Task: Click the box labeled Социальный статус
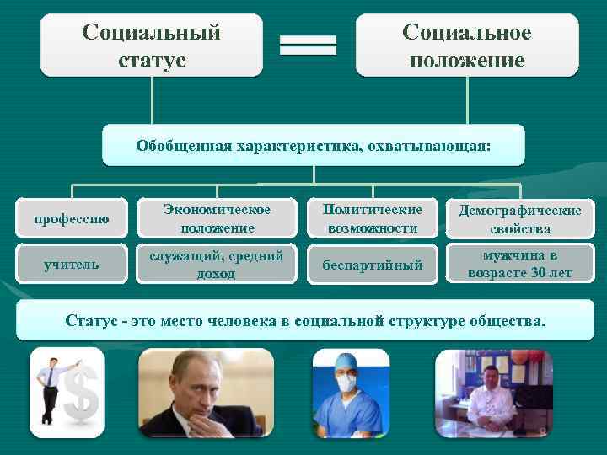click(151, 45)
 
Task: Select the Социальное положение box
click(466, 45)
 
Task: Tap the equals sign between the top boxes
click(308, 45)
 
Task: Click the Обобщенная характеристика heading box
click(313, 146)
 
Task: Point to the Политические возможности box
click(373, 219)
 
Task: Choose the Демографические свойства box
click(519, 219)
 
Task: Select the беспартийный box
click(373, 264)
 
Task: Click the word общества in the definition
click(502, 321)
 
